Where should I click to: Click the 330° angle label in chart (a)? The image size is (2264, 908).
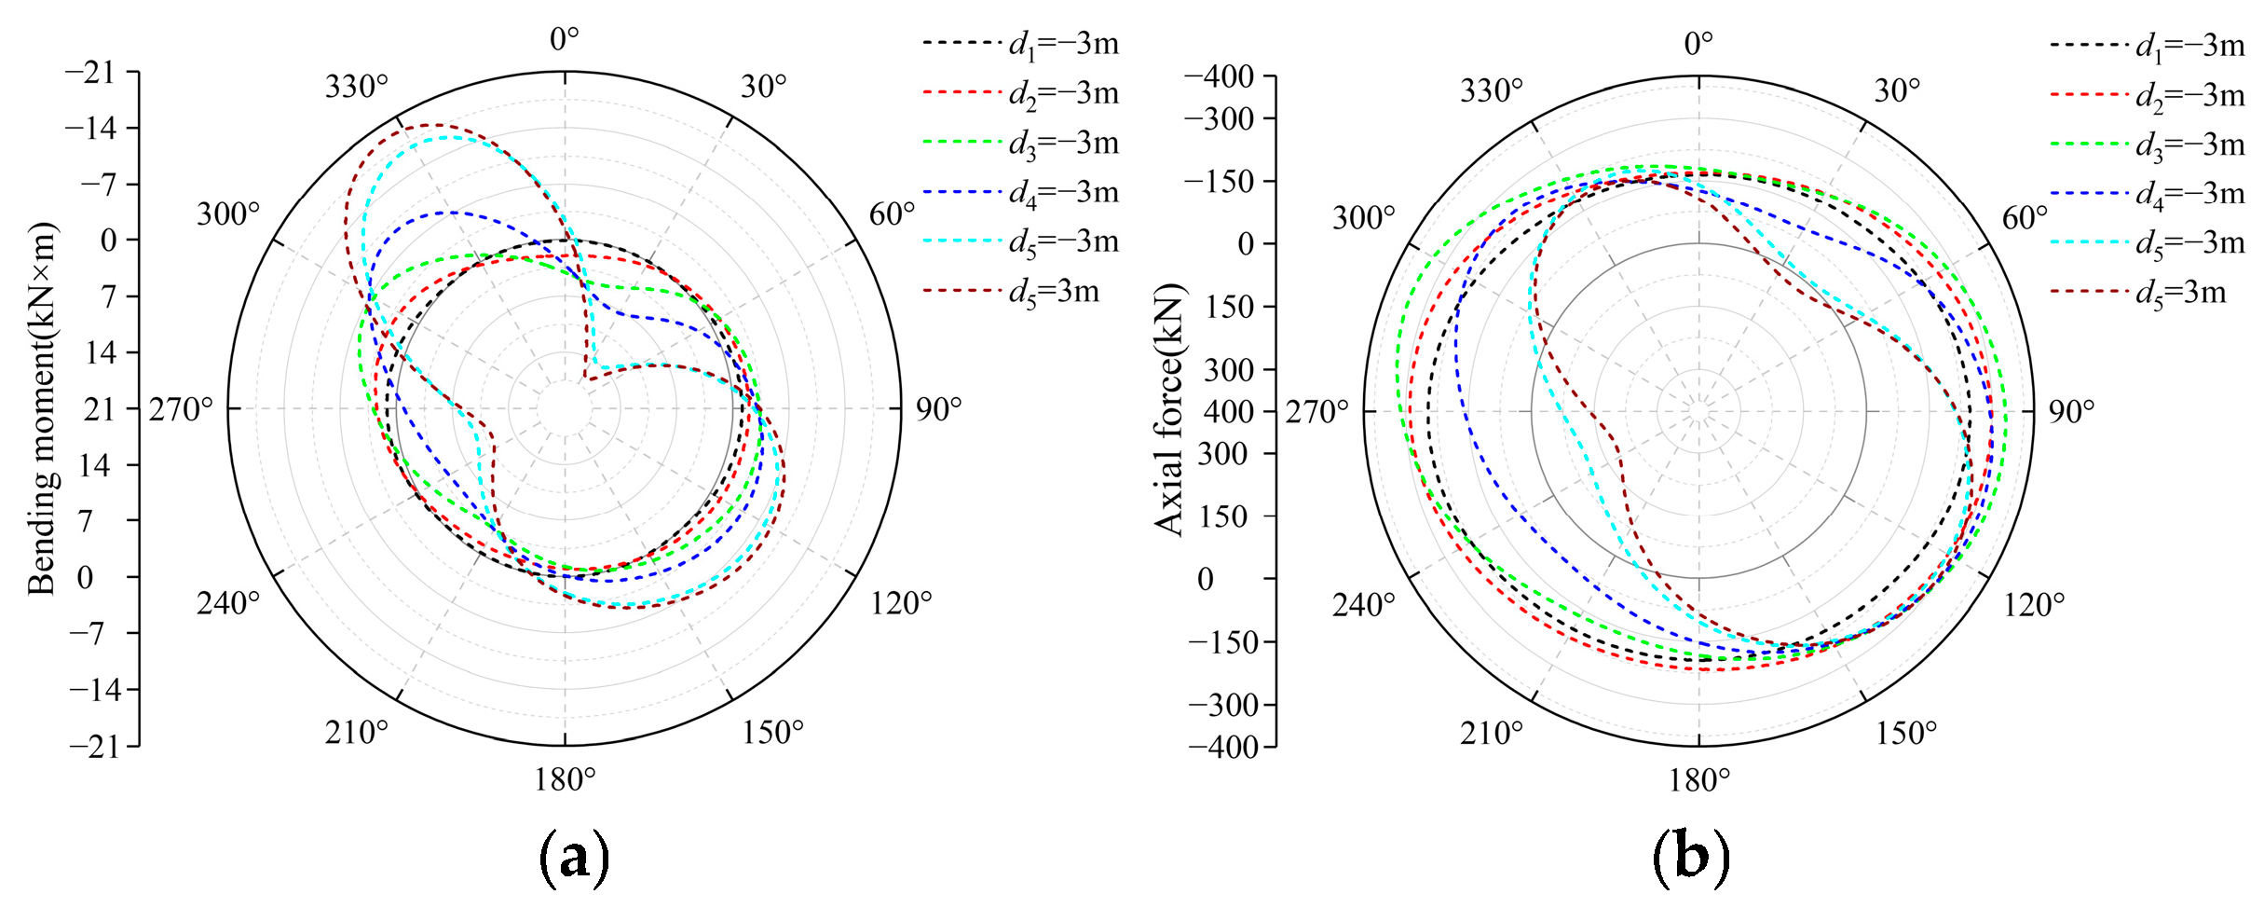356,87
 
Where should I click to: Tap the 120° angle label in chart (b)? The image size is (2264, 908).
2034,605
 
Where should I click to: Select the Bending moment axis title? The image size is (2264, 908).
41,408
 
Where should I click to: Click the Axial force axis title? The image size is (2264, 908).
1168,408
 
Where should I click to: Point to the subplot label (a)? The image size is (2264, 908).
574,856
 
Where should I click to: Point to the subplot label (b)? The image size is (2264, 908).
1691,856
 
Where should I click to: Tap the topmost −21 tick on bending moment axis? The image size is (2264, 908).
89,72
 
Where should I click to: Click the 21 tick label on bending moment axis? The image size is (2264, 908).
99,408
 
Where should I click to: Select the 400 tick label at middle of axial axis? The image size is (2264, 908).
1228,410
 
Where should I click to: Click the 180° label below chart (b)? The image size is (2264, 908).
1698,780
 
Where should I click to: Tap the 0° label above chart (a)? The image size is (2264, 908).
564,39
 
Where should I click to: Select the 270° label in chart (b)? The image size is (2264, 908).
1316,411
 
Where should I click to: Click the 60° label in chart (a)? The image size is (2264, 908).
892,214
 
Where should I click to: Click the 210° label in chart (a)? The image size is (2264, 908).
356,733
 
